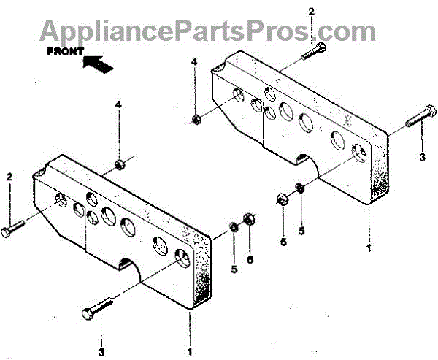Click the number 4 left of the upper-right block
[x=195, y=64]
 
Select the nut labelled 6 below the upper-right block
[x=283, y=198]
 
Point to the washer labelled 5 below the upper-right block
[x=299, y=191]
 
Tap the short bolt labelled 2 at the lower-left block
[x=15, y=230]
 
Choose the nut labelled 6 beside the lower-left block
[x=248, y=218]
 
